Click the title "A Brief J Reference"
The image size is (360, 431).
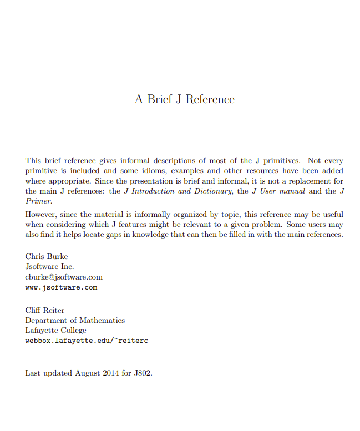[184, 99]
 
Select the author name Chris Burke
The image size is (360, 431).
[47, 256]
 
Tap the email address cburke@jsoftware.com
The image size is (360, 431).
[64, 277]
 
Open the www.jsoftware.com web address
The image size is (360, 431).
[61, 287]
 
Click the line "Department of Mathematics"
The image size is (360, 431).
[75, 320]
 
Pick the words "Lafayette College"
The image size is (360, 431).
[55, 330]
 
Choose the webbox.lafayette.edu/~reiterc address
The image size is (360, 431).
[87, 341]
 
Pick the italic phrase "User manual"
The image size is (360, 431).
[283, 191]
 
